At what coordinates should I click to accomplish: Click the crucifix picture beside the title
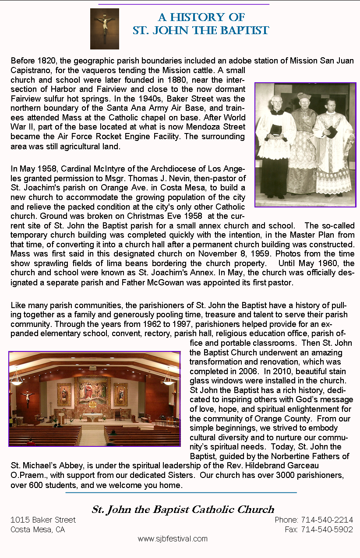[x=104, y=28]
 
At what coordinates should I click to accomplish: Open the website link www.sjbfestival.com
[x=173, y=539]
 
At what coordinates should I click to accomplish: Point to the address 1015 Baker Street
[x=43, y=520]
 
